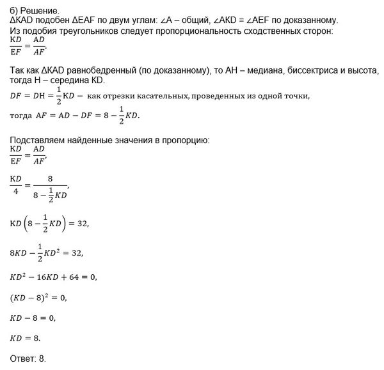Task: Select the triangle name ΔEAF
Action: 86,21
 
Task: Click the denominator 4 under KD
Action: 17,189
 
